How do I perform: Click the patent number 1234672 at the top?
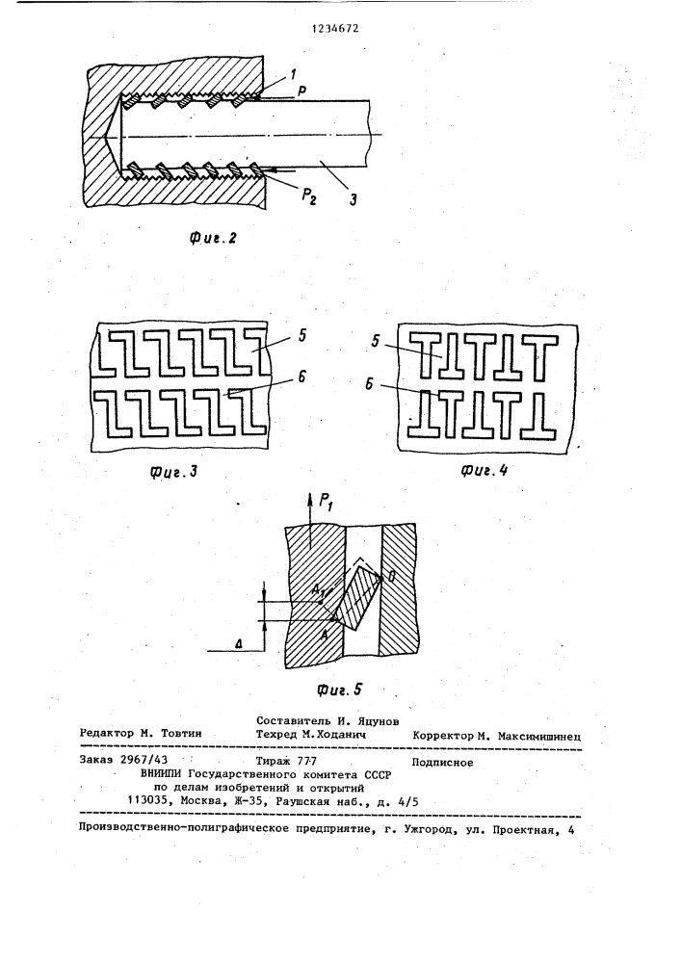[x=336, y=28]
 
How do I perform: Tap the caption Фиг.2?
[x=213, y=238]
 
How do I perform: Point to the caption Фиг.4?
[x=484, y=471]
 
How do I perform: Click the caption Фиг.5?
[x=339, y=690]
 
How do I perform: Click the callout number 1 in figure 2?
[x=293, y=74]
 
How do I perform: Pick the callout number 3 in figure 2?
[x=354, y=199]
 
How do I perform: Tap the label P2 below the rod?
[x=308, y=195]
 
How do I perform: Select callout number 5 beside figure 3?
[x=302, y=336]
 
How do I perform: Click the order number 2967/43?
[x=144, y=759]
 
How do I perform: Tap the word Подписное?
[x=442, y=762]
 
